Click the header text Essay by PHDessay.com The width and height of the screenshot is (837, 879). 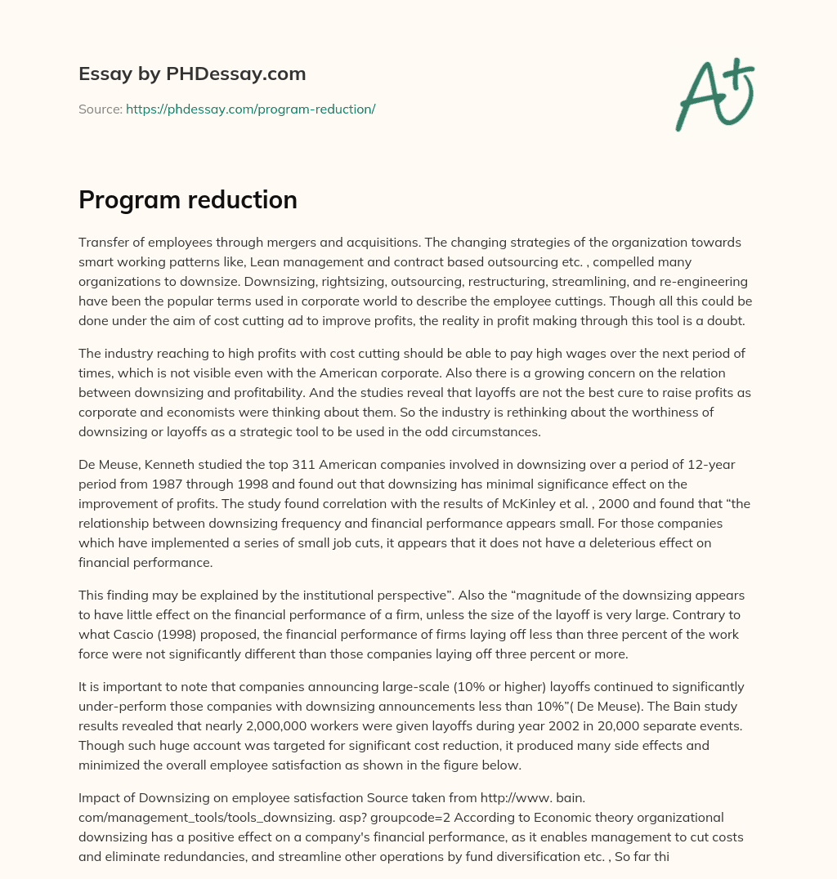192,74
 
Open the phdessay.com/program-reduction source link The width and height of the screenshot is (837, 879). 250,109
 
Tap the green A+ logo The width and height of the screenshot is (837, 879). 714,94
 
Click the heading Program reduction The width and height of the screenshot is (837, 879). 188,200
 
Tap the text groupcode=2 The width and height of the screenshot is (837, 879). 406,817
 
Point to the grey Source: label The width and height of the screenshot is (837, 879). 100,109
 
